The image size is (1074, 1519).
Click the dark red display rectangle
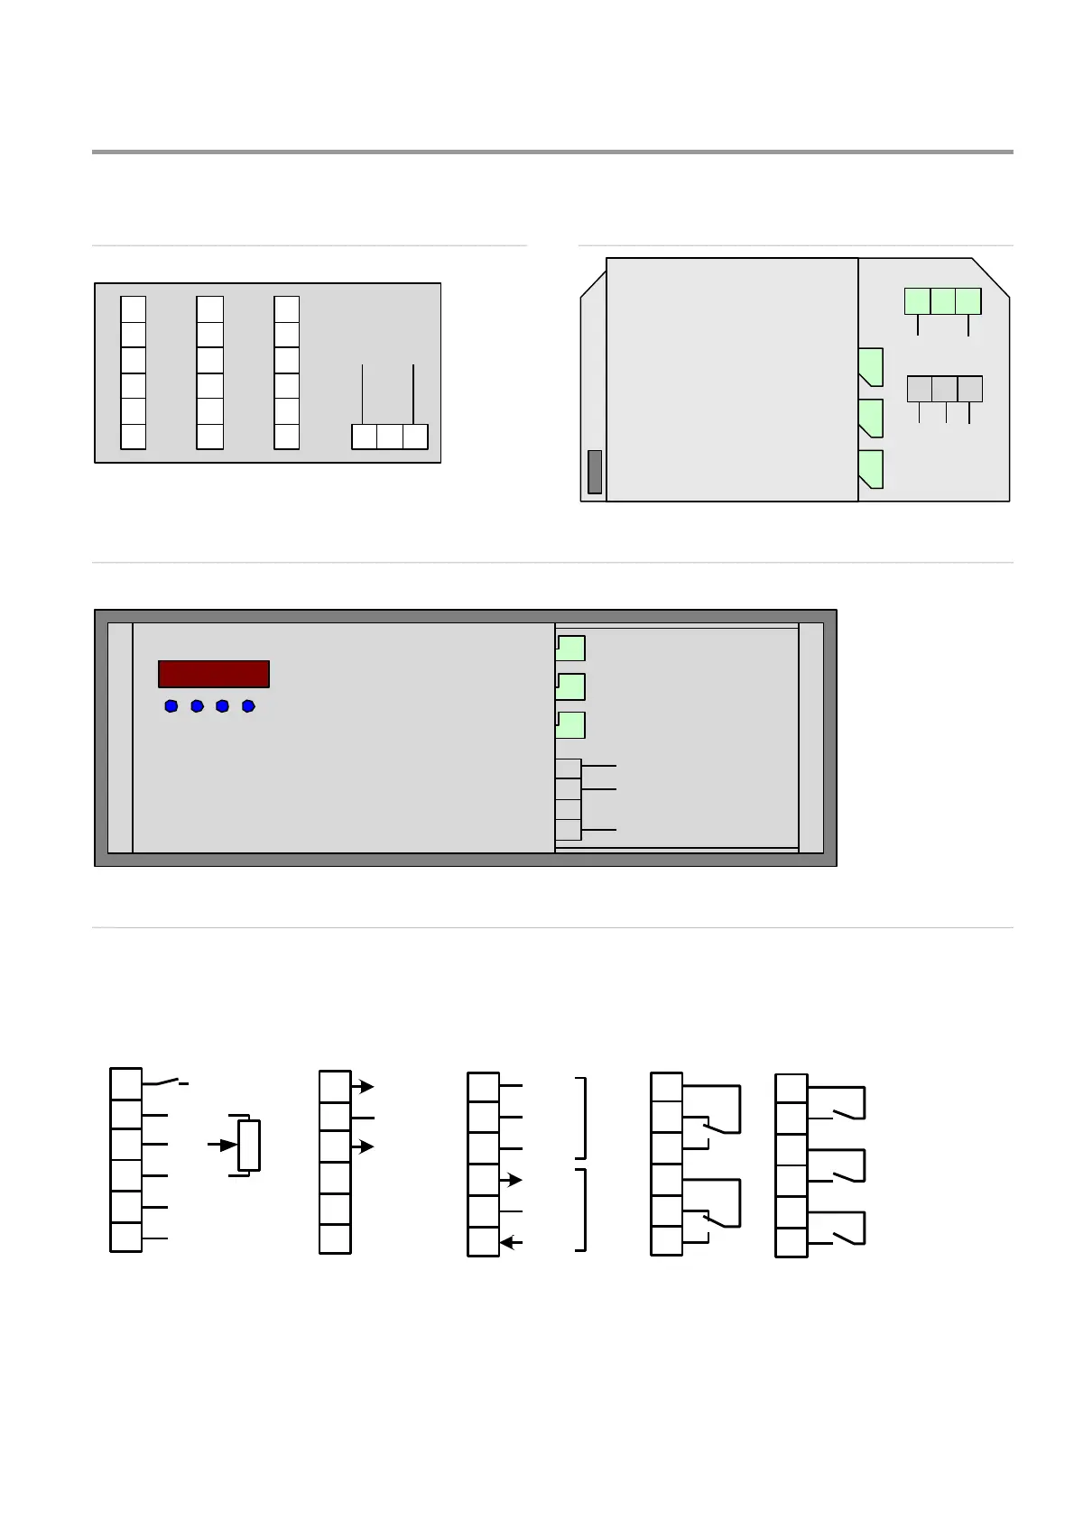(214, 674)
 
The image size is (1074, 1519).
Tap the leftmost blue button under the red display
(171, 706)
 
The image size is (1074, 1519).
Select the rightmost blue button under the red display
(248, 706)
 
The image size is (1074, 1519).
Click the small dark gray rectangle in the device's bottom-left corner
(594, 472)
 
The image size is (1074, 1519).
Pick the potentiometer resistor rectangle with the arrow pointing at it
(249, 1145)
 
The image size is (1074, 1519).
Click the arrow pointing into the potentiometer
(221, 1145)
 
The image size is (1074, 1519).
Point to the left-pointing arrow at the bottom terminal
(511, 1242)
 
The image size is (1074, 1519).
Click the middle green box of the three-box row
(942, 301)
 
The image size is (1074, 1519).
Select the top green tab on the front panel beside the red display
(570, 648)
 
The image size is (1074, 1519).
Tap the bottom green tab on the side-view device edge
(870, 469)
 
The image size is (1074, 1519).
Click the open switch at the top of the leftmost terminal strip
(170, 1080)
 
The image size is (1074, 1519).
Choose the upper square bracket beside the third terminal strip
(582, 1117)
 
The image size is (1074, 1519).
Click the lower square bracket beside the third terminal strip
(582, 1210)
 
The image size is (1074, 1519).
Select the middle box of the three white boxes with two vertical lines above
(389, 437)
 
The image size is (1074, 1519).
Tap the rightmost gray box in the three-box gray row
(969, 389)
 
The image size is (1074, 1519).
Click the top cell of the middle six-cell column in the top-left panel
(209, 309)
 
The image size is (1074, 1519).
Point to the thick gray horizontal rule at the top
(552, 152)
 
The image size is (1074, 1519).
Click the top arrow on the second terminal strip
(363, 1087)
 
